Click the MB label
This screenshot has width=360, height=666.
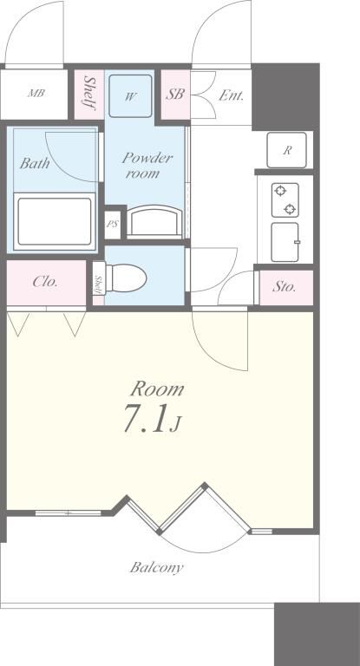(x=36, y=93)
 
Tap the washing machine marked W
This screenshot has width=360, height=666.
(x=130, y=96)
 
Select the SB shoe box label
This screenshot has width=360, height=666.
(x=174, y=95)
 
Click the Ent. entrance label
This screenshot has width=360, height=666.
(x=232, y=95)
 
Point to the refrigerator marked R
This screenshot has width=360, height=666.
(x=287, y=150)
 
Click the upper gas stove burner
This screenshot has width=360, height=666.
(x=280, y=191)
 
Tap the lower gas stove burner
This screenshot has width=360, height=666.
(x=290, y=208)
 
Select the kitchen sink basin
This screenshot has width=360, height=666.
(x=285, y=242)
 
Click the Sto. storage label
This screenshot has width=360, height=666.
(x=284, y=287)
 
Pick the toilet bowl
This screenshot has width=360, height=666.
(x=126, y=278)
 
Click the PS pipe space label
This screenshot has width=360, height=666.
(x=112, y=224)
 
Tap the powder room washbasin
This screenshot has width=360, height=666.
(x=154, y=220)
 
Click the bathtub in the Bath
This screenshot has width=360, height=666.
(x=55, y=221)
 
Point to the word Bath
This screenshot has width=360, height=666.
(x=34, y=163)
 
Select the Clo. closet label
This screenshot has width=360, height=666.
(x=45, y=282)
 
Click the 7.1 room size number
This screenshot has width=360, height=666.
(x=145, y=418)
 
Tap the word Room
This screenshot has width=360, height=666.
(x=157, y=388)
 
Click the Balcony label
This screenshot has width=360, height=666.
(x=156, y=567)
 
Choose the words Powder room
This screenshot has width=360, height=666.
(x=147, y=166)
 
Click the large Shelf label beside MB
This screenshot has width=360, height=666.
(x=89, y=93)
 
